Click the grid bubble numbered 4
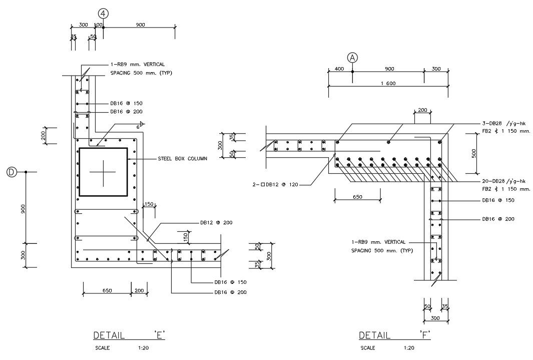(x=103, y=14)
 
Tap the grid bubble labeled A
(x=352, y=58)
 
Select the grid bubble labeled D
(x=11, y=172)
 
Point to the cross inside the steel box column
(x=103, y=171)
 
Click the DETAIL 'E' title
(x=129, y=335)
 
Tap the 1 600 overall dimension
(x=388, y=84)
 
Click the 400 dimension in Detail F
(x=339, y=69)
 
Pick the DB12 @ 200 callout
(x=216, y=222)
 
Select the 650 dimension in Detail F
(x=357, y=197)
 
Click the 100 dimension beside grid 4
(x=99, y=25)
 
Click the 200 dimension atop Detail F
(x=422, y=110)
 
